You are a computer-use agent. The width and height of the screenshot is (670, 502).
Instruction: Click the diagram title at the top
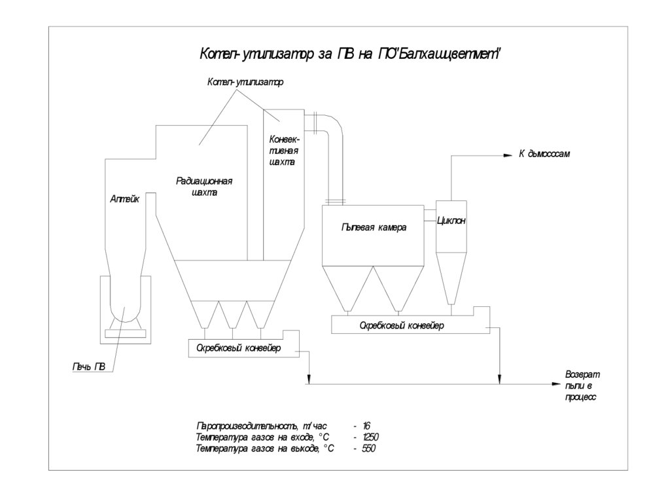349,54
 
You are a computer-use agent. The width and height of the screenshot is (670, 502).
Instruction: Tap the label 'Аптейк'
124,201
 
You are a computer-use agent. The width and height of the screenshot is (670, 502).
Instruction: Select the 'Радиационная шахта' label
204,187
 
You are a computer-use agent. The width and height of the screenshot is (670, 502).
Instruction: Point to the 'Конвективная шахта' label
284,150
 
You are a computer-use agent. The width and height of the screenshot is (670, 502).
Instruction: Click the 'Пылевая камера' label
374,228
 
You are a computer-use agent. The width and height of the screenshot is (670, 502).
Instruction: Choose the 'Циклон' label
451,221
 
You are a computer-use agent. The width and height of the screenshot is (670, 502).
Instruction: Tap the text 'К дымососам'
544,154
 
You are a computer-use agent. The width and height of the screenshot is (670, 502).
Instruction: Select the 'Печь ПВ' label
88,367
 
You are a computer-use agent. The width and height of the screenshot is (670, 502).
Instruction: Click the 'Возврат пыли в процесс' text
581,385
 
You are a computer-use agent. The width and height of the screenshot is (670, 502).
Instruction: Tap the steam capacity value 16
366,425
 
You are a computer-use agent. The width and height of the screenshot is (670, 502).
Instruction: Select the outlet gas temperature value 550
368,448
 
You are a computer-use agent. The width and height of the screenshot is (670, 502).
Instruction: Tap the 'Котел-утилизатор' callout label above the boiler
246,82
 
